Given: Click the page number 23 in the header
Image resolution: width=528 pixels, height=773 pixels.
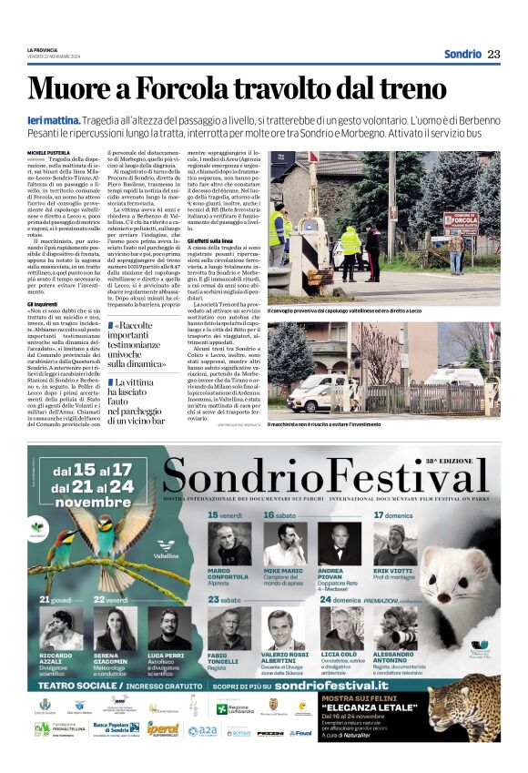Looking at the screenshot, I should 493,54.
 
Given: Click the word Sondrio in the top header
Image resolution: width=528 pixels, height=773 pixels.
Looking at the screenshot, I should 462,54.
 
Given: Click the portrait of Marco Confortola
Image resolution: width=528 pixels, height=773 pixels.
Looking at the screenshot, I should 228,544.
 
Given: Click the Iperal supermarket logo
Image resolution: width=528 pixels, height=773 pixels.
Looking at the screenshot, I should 164,729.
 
